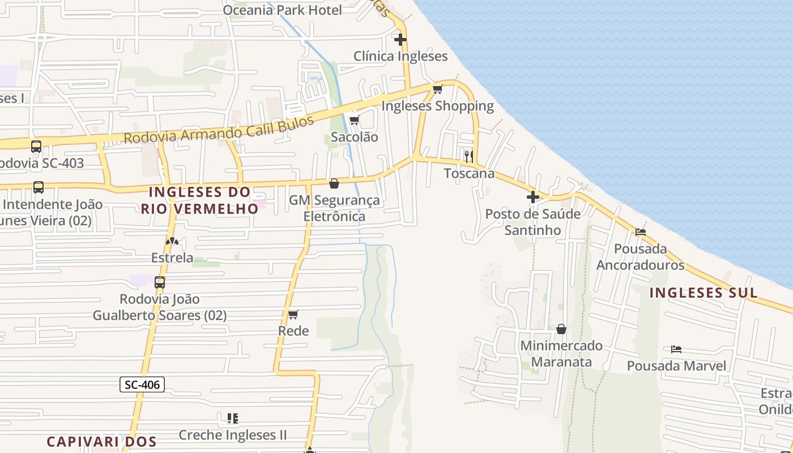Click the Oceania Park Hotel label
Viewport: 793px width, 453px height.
(282, 10)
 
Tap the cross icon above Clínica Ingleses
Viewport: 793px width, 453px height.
(400, 40)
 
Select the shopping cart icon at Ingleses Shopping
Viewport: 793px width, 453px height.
(437, 89)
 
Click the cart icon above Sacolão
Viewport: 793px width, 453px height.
(354, 120)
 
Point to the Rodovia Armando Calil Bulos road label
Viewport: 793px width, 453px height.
(219, 130)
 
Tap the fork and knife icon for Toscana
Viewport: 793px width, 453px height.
(469, 156)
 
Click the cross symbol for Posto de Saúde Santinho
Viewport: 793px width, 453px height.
(533, 197)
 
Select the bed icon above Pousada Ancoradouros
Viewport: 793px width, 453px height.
(641, 232)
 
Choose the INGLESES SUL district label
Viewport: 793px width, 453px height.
(703, 293)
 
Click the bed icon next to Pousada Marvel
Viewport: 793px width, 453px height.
(676, 349)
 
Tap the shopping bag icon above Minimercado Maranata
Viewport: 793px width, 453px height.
(561, 329)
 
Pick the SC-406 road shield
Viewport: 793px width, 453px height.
(142, 385)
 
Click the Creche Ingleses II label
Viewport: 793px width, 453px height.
(233, 435)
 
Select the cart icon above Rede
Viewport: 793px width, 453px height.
(293, 314)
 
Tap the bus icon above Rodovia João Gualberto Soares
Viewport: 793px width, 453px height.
(160, 282)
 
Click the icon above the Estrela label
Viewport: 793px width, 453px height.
(172, 241)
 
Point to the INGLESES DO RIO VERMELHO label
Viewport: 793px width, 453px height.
(199, 200)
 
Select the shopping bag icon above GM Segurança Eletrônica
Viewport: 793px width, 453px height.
(334, 183)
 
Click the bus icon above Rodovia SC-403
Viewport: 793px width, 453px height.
(36, 147)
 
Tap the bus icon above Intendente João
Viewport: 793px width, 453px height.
(39, 187)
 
